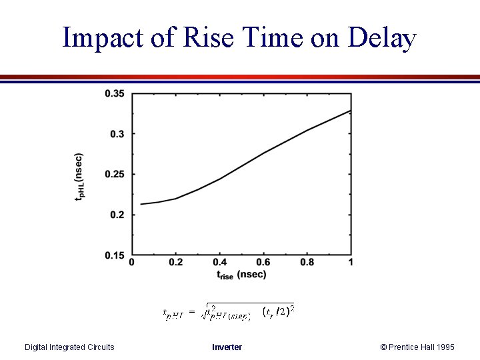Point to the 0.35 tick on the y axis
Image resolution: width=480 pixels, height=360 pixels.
tap(114, 93)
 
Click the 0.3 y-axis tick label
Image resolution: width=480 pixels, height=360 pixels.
tap(117, 134)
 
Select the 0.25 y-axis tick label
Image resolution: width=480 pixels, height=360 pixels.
tap(114, 175)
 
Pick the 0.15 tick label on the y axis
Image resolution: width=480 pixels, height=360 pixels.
tap(114, 255)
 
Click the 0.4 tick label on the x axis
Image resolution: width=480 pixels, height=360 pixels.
tap(220, 263)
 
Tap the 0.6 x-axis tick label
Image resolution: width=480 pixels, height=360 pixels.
tap(263, 263)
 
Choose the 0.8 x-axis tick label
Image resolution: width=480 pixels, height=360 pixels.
tap(307, 263)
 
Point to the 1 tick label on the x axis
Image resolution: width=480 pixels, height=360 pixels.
tap(351, 263)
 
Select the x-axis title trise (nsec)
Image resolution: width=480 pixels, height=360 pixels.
tap(241, 274)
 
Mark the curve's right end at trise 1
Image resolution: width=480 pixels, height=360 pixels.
tap(351, 111)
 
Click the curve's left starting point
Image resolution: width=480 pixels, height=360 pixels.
tap(141, 204)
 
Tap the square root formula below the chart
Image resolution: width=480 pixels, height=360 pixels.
tap(229, 311)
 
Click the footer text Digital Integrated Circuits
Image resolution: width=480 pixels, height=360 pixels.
tap(69, 347)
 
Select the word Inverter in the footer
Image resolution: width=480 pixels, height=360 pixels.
tap(227, 347)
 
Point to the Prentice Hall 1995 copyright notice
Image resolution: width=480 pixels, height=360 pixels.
tap(417, 347)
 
